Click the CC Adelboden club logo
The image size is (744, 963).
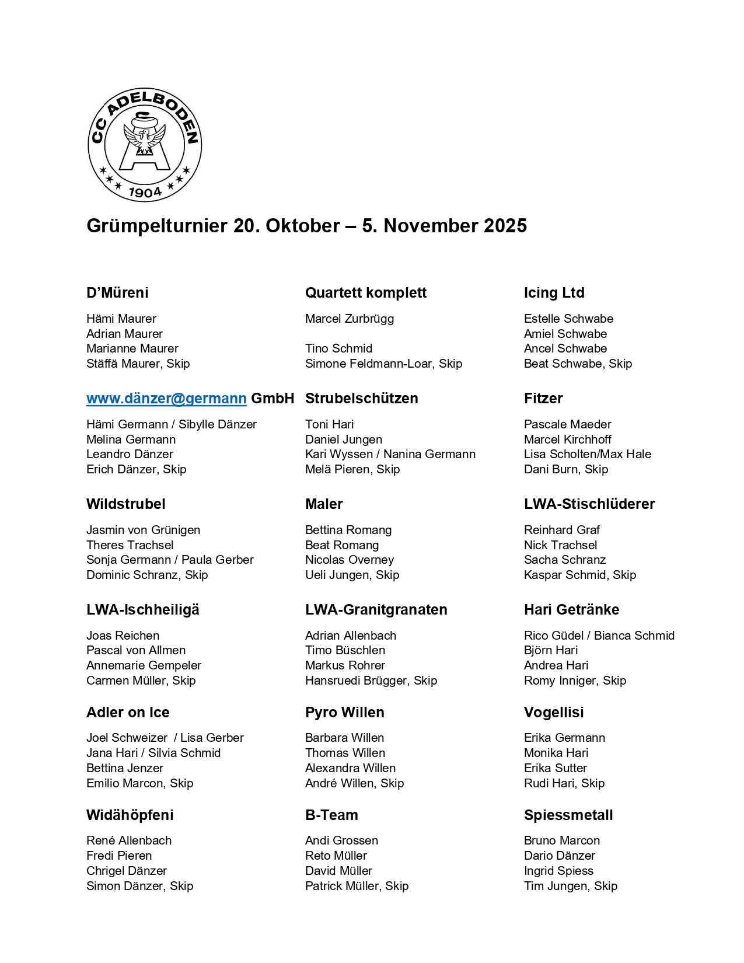pyautogui.click(x=145, y=145)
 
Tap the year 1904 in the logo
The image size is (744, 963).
pyautogui.click(x=145, y=192)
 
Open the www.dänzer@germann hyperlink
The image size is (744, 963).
pyautogui.click(x=166, y=399)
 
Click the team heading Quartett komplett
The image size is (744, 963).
pyautogui.click(x=366, y=293)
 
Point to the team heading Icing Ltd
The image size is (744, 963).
pyautogui.click(x=554, y=293)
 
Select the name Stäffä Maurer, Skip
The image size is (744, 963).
pyautogui.click(x=138, y=364)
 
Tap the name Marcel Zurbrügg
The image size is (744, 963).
pyautogui.click(x=350, y=319)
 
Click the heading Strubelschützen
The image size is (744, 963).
pyautogui.click(x=362, y=399)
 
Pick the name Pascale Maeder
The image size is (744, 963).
pyautogui.click(x=568, y=424)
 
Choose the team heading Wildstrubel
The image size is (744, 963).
pyautogui.click(x=126, y=504)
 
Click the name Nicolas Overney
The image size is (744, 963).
pyautogui.click(x=350, y=560)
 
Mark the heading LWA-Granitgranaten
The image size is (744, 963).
pyautogui.click(x=376, y=610)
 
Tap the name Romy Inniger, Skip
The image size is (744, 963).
pyautogui.click(x=575, y=681)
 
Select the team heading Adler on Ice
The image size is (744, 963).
pyautogui.click(x=128, y=713)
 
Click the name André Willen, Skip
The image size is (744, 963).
pyautogui.click(x=354, y=783)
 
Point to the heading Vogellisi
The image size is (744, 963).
pyautogui.click(x=554, y=713)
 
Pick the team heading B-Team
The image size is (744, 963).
pyautogui.click(x=331, y=815)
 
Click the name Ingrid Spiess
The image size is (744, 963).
pyautogui.click(x=558, y=871)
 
